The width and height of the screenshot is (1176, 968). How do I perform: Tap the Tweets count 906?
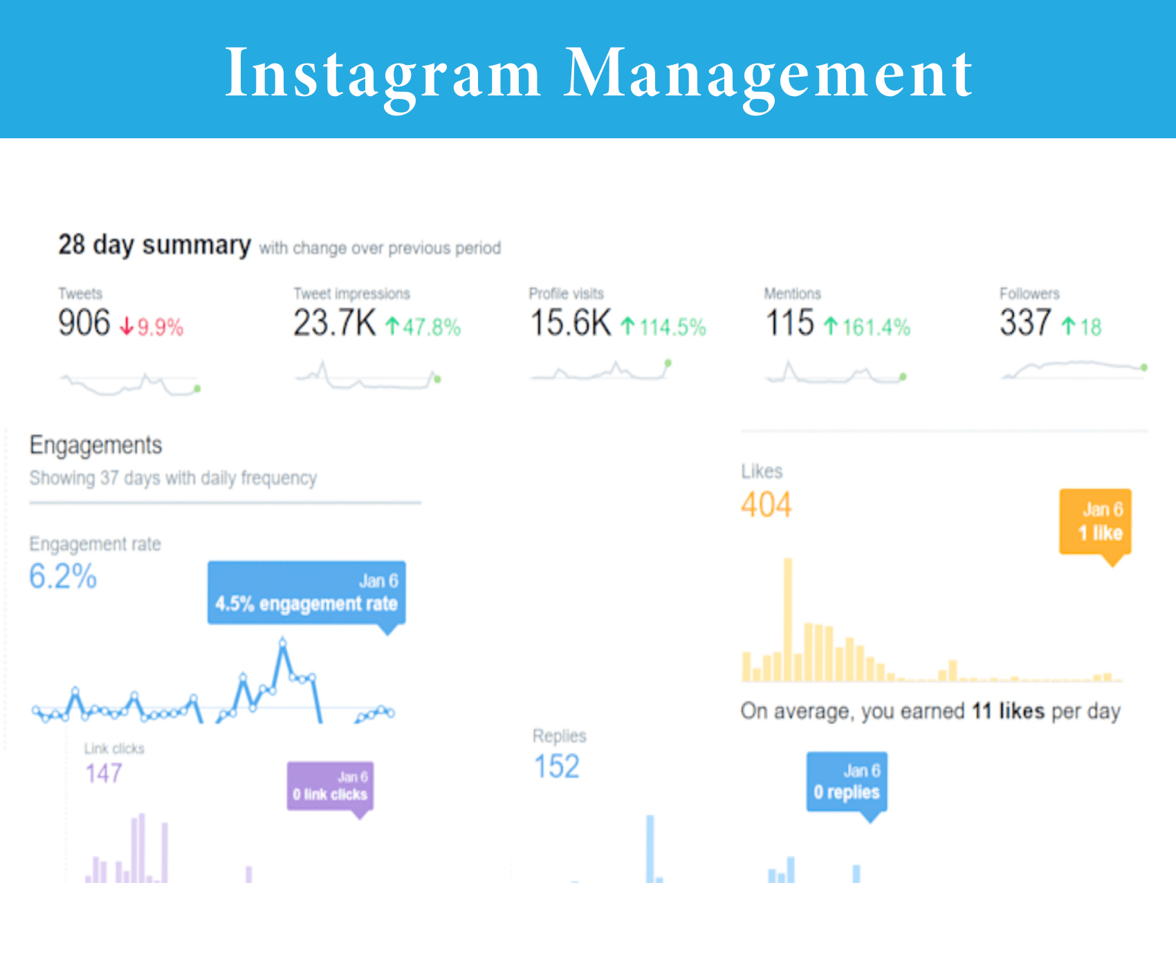pos(84,323)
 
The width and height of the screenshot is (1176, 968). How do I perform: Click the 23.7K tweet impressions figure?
pos(335,323)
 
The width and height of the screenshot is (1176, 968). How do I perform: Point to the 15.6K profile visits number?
pos(571,323)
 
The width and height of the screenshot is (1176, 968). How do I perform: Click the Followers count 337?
pos(1025,323)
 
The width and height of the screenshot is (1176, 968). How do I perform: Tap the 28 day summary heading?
pos(154,245)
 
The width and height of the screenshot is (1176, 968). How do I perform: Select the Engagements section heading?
pos(96,445)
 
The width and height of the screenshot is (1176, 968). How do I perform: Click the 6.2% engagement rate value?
pos(63,577)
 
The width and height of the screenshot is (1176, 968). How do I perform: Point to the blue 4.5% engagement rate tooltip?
pos(306,593)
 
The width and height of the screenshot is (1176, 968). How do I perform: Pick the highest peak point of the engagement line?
pos(283,643)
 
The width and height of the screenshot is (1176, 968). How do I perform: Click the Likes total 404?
pos(766,505)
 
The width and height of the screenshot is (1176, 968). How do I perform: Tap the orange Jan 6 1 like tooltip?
pos(1095,522)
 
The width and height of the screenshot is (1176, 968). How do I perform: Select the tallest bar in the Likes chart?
pos(788,619)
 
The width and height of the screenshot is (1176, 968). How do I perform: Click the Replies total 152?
pos(557,767)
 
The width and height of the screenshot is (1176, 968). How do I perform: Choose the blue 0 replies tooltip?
pos(847,782)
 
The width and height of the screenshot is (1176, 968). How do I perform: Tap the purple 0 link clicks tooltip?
pos(330,786)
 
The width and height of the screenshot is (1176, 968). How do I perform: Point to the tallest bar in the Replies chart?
pos(650,848)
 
